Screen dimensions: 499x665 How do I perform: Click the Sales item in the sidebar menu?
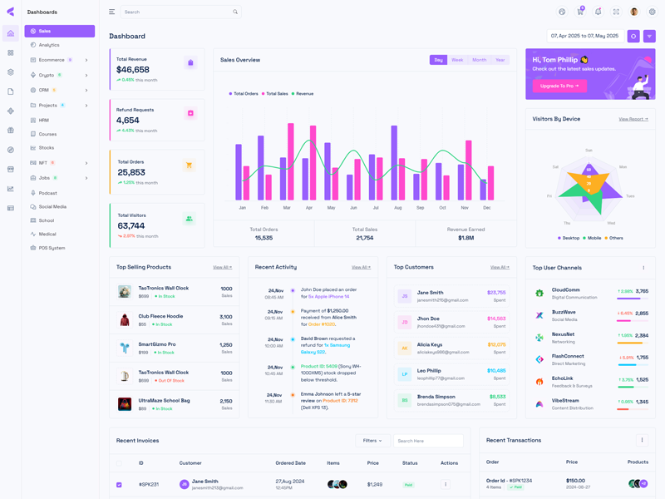pyautogui.click(x=45, y=32)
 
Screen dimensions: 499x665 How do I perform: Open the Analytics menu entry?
pyautogui.click(x=49, y=45)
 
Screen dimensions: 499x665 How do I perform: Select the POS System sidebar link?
pyautogui.click(x=52, y=248)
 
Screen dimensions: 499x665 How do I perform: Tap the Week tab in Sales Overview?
pyautogui.click(x=457, y=60)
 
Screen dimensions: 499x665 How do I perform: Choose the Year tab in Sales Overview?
pyautogui.click(x=500, y=60)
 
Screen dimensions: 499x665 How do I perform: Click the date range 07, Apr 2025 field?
pyautogui.click(x=585, y=37)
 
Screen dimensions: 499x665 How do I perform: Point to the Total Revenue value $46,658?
pyautogui.click(x=133, y=70)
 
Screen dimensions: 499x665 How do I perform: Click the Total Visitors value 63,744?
pyautogui.click(x=131, y=225)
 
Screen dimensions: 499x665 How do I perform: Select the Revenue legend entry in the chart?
pyautogui.click(x=303, y=94)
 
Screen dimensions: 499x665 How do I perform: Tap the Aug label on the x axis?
pyautogui.click(x=397, y=207)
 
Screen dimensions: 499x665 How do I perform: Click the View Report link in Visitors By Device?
pyautogui.click(x=633, y=119)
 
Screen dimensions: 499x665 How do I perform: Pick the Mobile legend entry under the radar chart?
pyautogui.click(x=594, y=238)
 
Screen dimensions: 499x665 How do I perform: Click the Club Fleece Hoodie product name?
pyautogui.click(x=160, y=316)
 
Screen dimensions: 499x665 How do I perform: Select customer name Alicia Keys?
pyautogui.click(x=430, y=344)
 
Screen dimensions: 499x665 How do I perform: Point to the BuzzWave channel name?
pyautogui.click(x=564, y=312)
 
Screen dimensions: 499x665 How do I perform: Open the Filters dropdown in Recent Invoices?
pyautogui.click(x=372, y=441)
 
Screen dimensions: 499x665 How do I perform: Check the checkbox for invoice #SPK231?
pyautogui.click(x=119, y=484)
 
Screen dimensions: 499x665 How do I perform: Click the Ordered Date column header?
pyautogui.click(x=290, y=463)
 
